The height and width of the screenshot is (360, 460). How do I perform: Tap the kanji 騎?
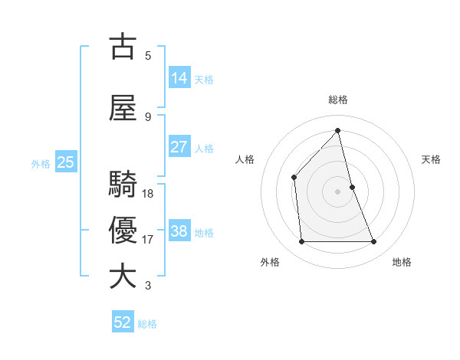click(123, 185)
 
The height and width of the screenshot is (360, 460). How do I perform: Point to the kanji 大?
click(123, 277)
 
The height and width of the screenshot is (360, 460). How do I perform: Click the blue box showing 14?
click(179, 78)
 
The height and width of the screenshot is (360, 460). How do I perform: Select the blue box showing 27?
click(179, 147)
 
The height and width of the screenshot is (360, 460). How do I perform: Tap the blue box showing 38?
click(179, 231)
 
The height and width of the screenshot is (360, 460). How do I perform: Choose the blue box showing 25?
click(65, 162)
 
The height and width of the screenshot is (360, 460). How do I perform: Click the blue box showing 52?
click(123, 322)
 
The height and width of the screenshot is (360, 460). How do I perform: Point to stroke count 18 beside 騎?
click(148, 193)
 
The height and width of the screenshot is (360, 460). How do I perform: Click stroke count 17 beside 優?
click(148, 239)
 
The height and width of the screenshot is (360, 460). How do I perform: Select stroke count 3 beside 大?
click(148, 286)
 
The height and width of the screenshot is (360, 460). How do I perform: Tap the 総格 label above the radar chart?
click(338, 100)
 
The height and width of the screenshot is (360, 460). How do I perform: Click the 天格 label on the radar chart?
click(432, 159)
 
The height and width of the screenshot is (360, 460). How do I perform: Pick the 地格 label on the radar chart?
click(402, 262)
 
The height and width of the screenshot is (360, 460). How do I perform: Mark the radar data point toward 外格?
click(301, 242)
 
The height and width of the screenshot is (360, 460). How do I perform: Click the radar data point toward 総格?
click(338, 130)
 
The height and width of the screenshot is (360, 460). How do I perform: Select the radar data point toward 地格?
click(374, 242)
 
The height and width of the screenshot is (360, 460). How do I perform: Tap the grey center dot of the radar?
click(338, 191)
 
